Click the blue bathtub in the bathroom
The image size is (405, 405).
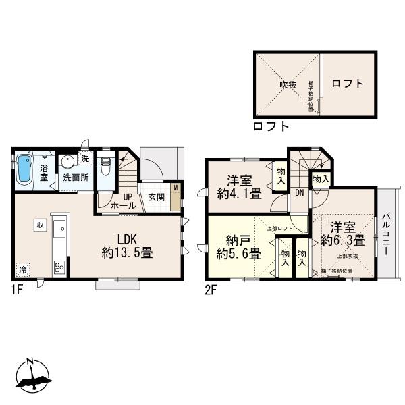point(24,169)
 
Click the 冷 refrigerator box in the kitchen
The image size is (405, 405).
point(23,268)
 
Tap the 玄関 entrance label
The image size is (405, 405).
point(157,197)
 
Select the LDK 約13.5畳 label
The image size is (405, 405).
point(126,246)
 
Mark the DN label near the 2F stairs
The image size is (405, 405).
point(298,193)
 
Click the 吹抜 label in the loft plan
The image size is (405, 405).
point(289,86)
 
